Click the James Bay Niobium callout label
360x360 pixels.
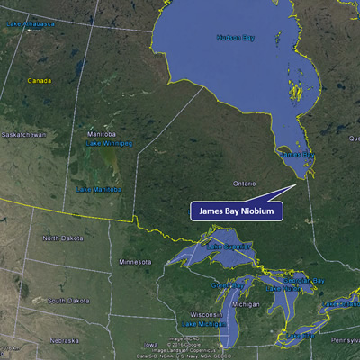pyautogui.click(x=237, y=211)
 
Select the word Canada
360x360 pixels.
pyautogui.click(x=39, y=80)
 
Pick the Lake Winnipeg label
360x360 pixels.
pyautogui.click(x=105, y=143)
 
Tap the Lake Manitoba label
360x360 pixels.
pyautogui.click(x=97, y=190)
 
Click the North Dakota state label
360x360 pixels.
pyautogui.click(x=61, y=238)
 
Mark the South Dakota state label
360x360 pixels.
pyautogui.click(x=66, y=300)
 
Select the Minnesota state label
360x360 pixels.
pyautogui.click(x=136, y=262)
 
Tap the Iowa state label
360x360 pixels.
pyautogui.click(x=148, y=344)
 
